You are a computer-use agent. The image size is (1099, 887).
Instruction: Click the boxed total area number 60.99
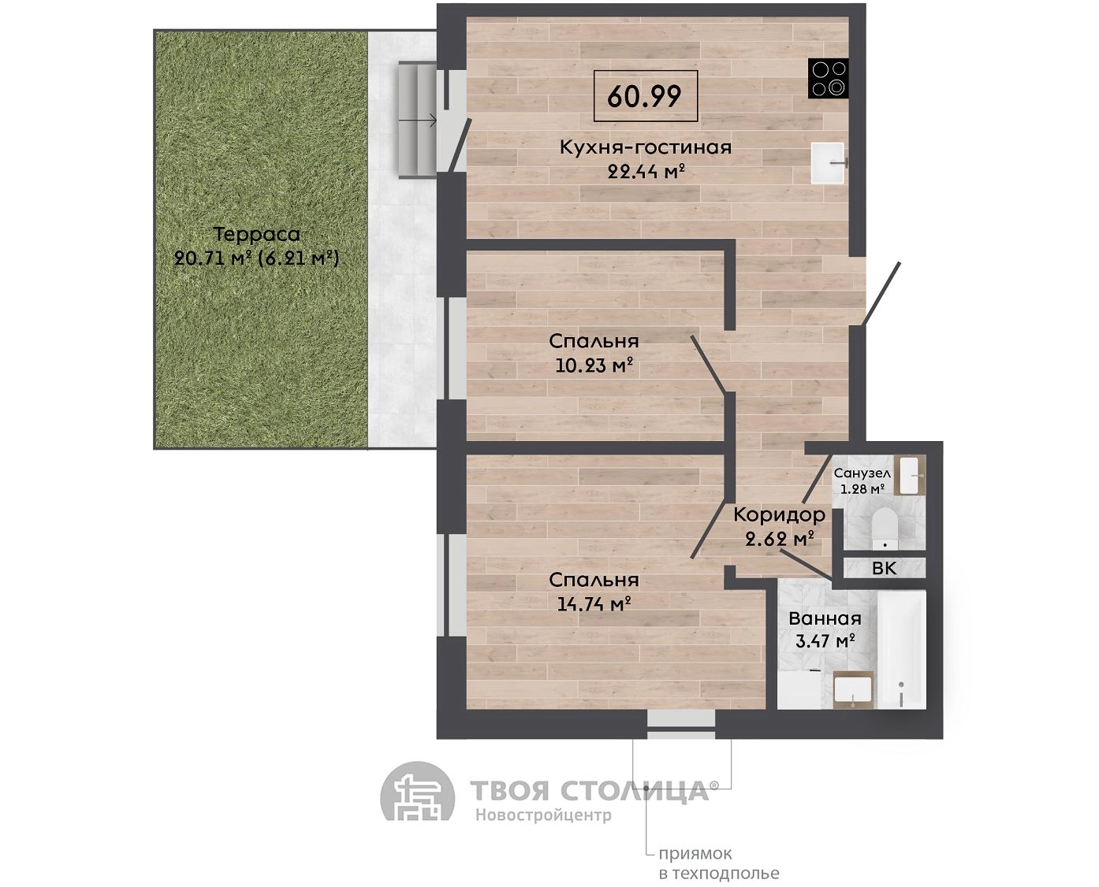pyautogui.click(x=644, y=96)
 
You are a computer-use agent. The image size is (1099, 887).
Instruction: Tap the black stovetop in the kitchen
pyautogui.click(x=828, y=79)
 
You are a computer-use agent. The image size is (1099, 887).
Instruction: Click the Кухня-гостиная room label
pyautogui.click(x=646, y=147)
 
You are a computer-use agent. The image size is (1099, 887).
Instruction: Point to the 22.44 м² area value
pyautogui.click(x=646, y=172)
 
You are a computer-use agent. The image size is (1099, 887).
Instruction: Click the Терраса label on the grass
pyautogui.click(x=256, y=235)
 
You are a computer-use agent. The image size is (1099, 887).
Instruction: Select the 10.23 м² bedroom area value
pyautogui.click(x=594, y=366)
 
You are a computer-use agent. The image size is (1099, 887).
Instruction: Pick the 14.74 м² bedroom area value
pyautogui.click(x=594, y=603)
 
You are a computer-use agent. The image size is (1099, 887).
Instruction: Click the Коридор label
pyautogui.click(x=779, y=514)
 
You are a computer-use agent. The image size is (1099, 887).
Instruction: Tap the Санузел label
pyautogui.click(x=862, y=473)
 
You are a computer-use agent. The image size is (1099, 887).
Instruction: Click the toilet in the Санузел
pyautogui.click(x=885, y=528)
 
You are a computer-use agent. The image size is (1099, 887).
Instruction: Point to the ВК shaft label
pyautogui.click(x=885, y=569)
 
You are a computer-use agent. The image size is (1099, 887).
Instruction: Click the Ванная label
pyautogui.click(x=825, y=618)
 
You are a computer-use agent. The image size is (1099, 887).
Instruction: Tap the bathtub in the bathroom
pyautogui.click(x=901, y=650)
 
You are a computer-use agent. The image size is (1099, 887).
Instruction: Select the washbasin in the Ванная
pyautogui.click(x=852, y=689)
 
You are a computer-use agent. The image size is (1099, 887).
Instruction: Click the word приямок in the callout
pyautogui.click(x=695, y=854)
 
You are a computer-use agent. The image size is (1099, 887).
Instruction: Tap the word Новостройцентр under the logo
pyautogui.click(x=543, y=815)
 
